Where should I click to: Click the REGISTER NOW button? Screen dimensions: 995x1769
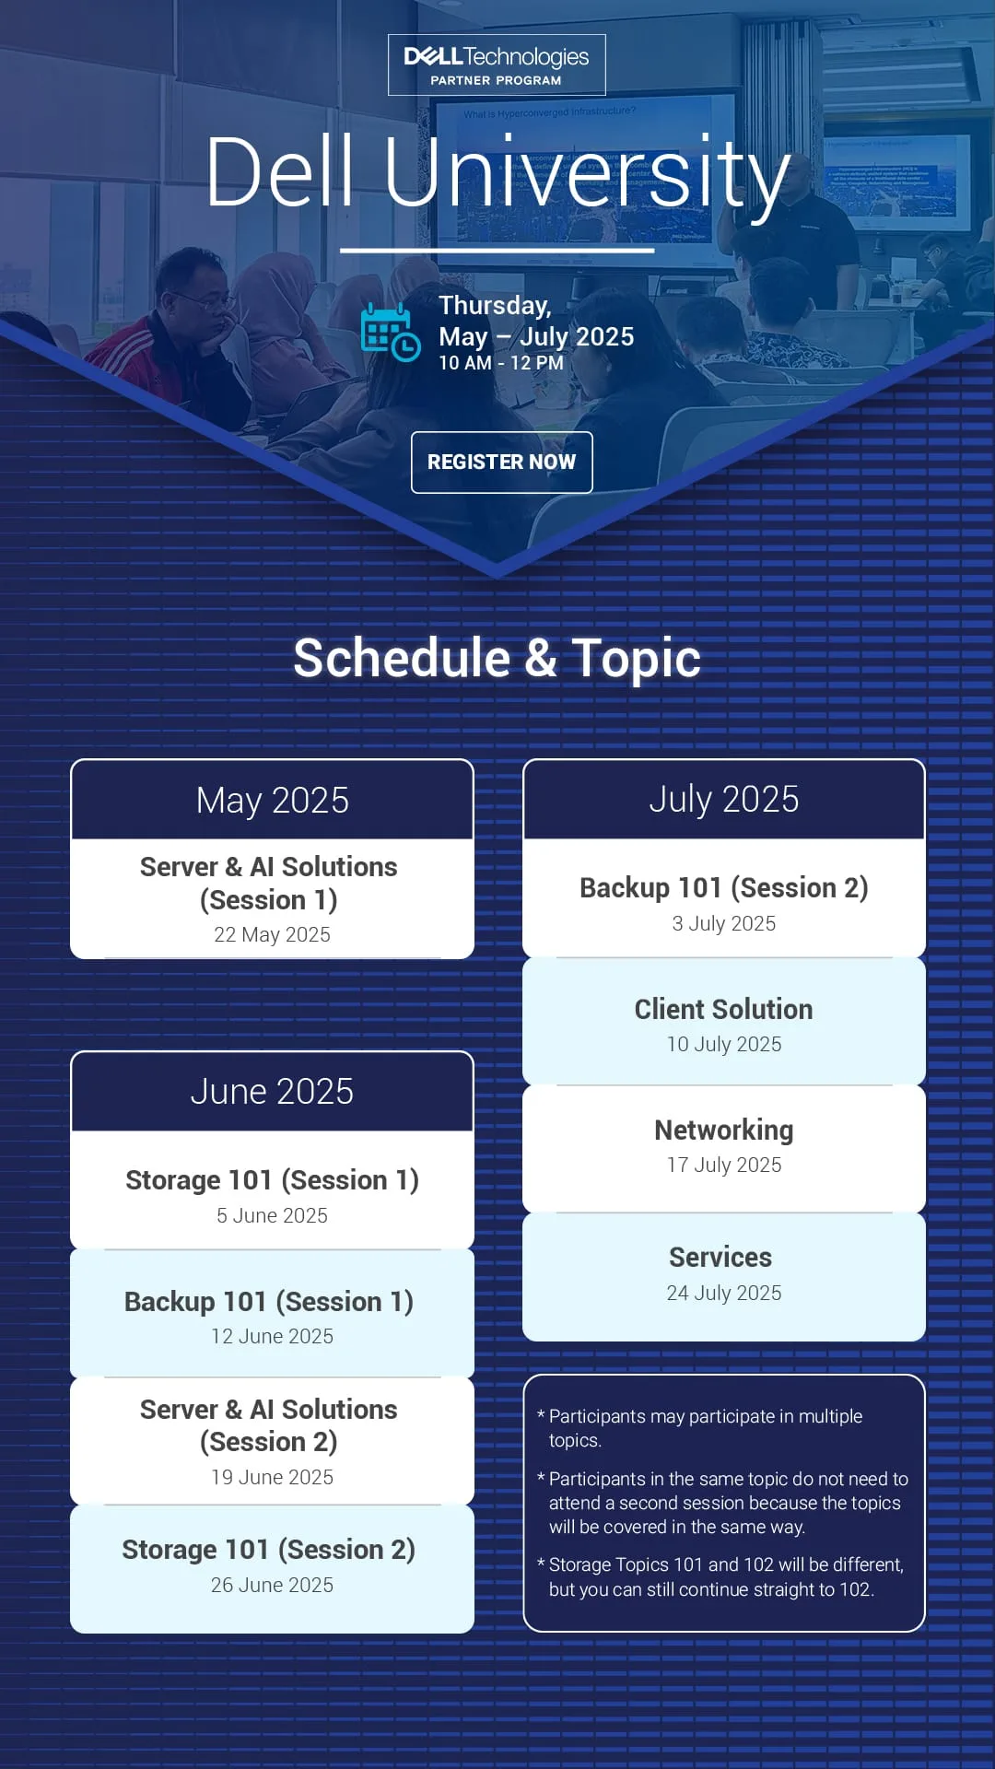(x=501, y=462)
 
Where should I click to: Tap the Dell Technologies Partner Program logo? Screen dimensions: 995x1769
(x=497, y=65)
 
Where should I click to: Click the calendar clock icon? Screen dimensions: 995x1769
(x=391, y=332)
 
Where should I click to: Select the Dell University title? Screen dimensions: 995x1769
(x=497, y=171)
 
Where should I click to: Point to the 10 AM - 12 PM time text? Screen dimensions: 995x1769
(x=501, y=363)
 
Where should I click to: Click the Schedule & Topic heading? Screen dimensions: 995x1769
(x=497, y=658)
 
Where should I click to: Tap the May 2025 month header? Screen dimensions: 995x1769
(x=273, y=800)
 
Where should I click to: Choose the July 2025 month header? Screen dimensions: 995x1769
(x=724, y=799)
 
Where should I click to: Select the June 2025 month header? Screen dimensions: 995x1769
(x=273, y=1091)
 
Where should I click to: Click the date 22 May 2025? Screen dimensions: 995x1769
(x=272, y=934)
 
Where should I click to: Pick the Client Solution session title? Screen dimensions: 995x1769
(x=724, y=1009)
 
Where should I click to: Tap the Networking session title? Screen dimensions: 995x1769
(x=724, y=1130)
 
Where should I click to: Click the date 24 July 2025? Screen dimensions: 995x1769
(x=724, y=1293)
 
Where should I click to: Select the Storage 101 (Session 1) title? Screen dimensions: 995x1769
(x=273, y=1179)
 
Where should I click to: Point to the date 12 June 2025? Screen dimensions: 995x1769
(x=273, y=1336)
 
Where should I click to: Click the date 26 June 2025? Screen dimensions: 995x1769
(x=273, y=1585)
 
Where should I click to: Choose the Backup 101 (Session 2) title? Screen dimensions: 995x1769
(x=724, y=887)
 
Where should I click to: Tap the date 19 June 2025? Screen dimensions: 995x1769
(x=273, y=1477)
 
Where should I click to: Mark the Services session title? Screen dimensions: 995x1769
(x=720, y=1257)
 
